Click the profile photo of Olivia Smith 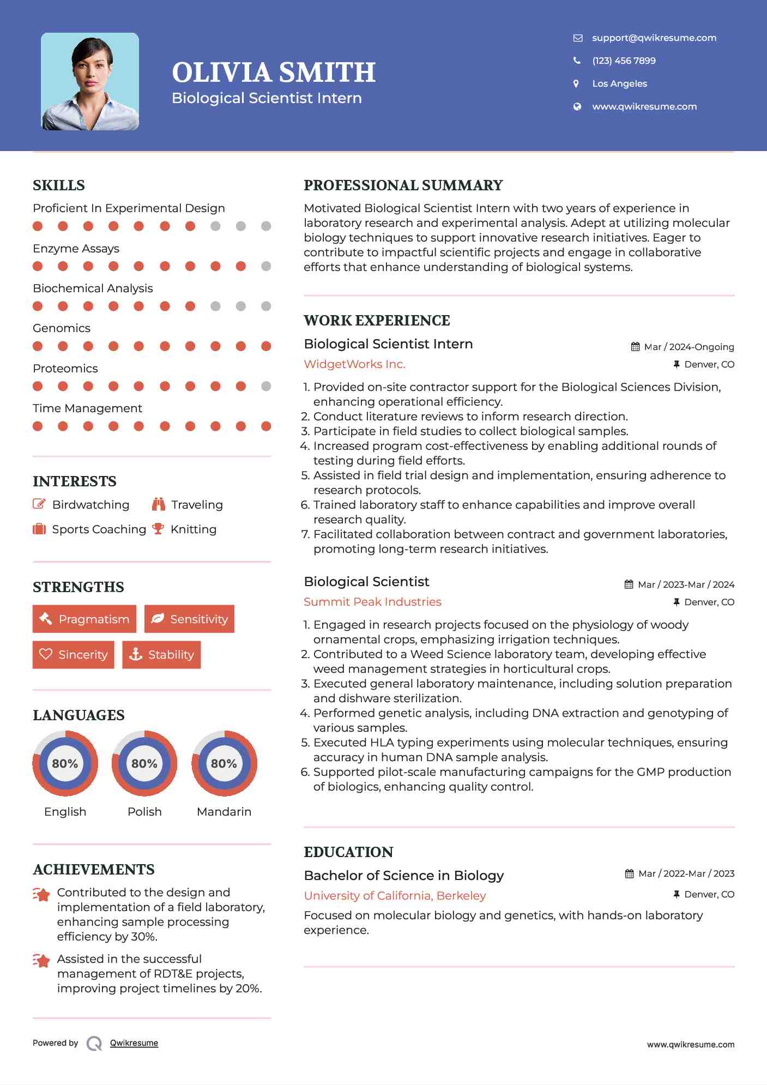(90, 82)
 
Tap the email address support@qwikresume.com (654, 38)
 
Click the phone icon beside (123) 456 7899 (577, 61)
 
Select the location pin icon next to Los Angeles (576, 83)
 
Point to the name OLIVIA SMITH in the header (274, 73)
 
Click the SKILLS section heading (59, 185)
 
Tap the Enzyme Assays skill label (76, 249)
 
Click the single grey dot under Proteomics (266, 386)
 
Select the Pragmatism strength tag (84, 619)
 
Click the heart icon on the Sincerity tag (46, 654)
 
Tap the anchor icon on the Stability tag (135, 654)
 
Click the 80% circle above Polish (144, 763)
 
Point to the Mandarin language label (224, 812)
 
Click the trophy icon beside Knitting (158, 529)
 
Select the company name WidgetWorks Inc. (354, 364)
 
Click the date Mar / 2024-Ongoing (689, 347)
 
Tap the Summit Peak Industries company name (372, 602)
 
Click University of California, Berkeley (395, 896)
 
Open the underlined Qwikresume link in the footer (134, 1043)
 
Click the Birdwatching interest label (90, 505)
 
